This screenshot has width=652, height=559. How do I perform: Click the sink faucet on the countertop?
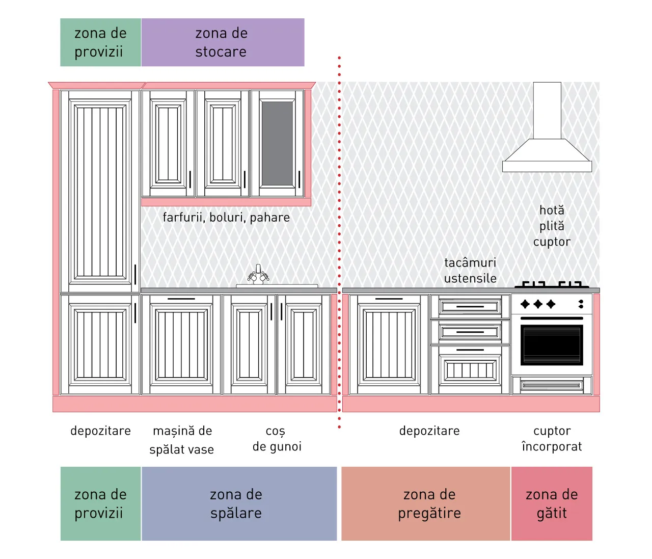[x=258, y=274]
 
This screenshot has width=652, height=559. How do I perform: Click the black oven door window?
[x=551, y=345]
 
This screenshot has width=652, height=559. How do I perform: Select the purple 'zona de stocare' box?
[x=223, y=42]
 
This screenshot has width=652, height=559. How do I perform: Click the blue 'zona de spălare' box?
[x=239, y=503]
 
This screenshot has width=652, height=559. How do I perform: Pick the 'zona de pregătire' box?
[x=425, y=503]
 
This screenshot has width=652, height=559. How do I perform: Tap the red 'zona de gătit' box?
[x=552, y=503]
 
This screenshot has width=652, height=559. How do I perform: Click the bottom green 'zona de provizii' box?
[x=101, y=503]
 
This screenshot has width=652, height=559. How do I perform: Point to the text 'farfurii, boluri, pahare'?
[x=226, y=218]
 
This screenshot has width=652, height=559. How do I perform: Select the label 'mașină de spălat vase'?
[x=182, y=440]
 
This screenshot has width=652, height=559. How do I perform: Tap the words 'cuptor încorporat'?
[x=552, y=439]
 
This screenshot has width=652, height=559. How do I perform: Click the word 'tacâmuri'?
[x=470, y=262]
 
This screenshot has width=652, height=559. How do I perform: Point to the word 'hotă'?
[x=552, y=210]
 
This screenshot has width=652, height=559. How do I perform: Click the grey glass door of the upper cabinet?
[x=277, y=144]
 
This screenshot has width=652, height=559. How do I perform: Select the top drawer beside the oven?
[x=470, y=306]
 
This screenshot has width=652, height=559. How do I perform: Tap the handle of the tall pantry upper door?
[x=135, y=274]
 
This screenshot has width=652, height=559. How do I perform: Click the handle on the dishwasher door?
[x=181, y=299]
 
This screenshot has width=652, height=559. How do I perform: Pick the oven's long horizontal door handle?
[x=551, y=318]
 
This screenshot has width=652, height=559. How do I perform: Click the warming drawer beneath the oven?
[x=552, y=385]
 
